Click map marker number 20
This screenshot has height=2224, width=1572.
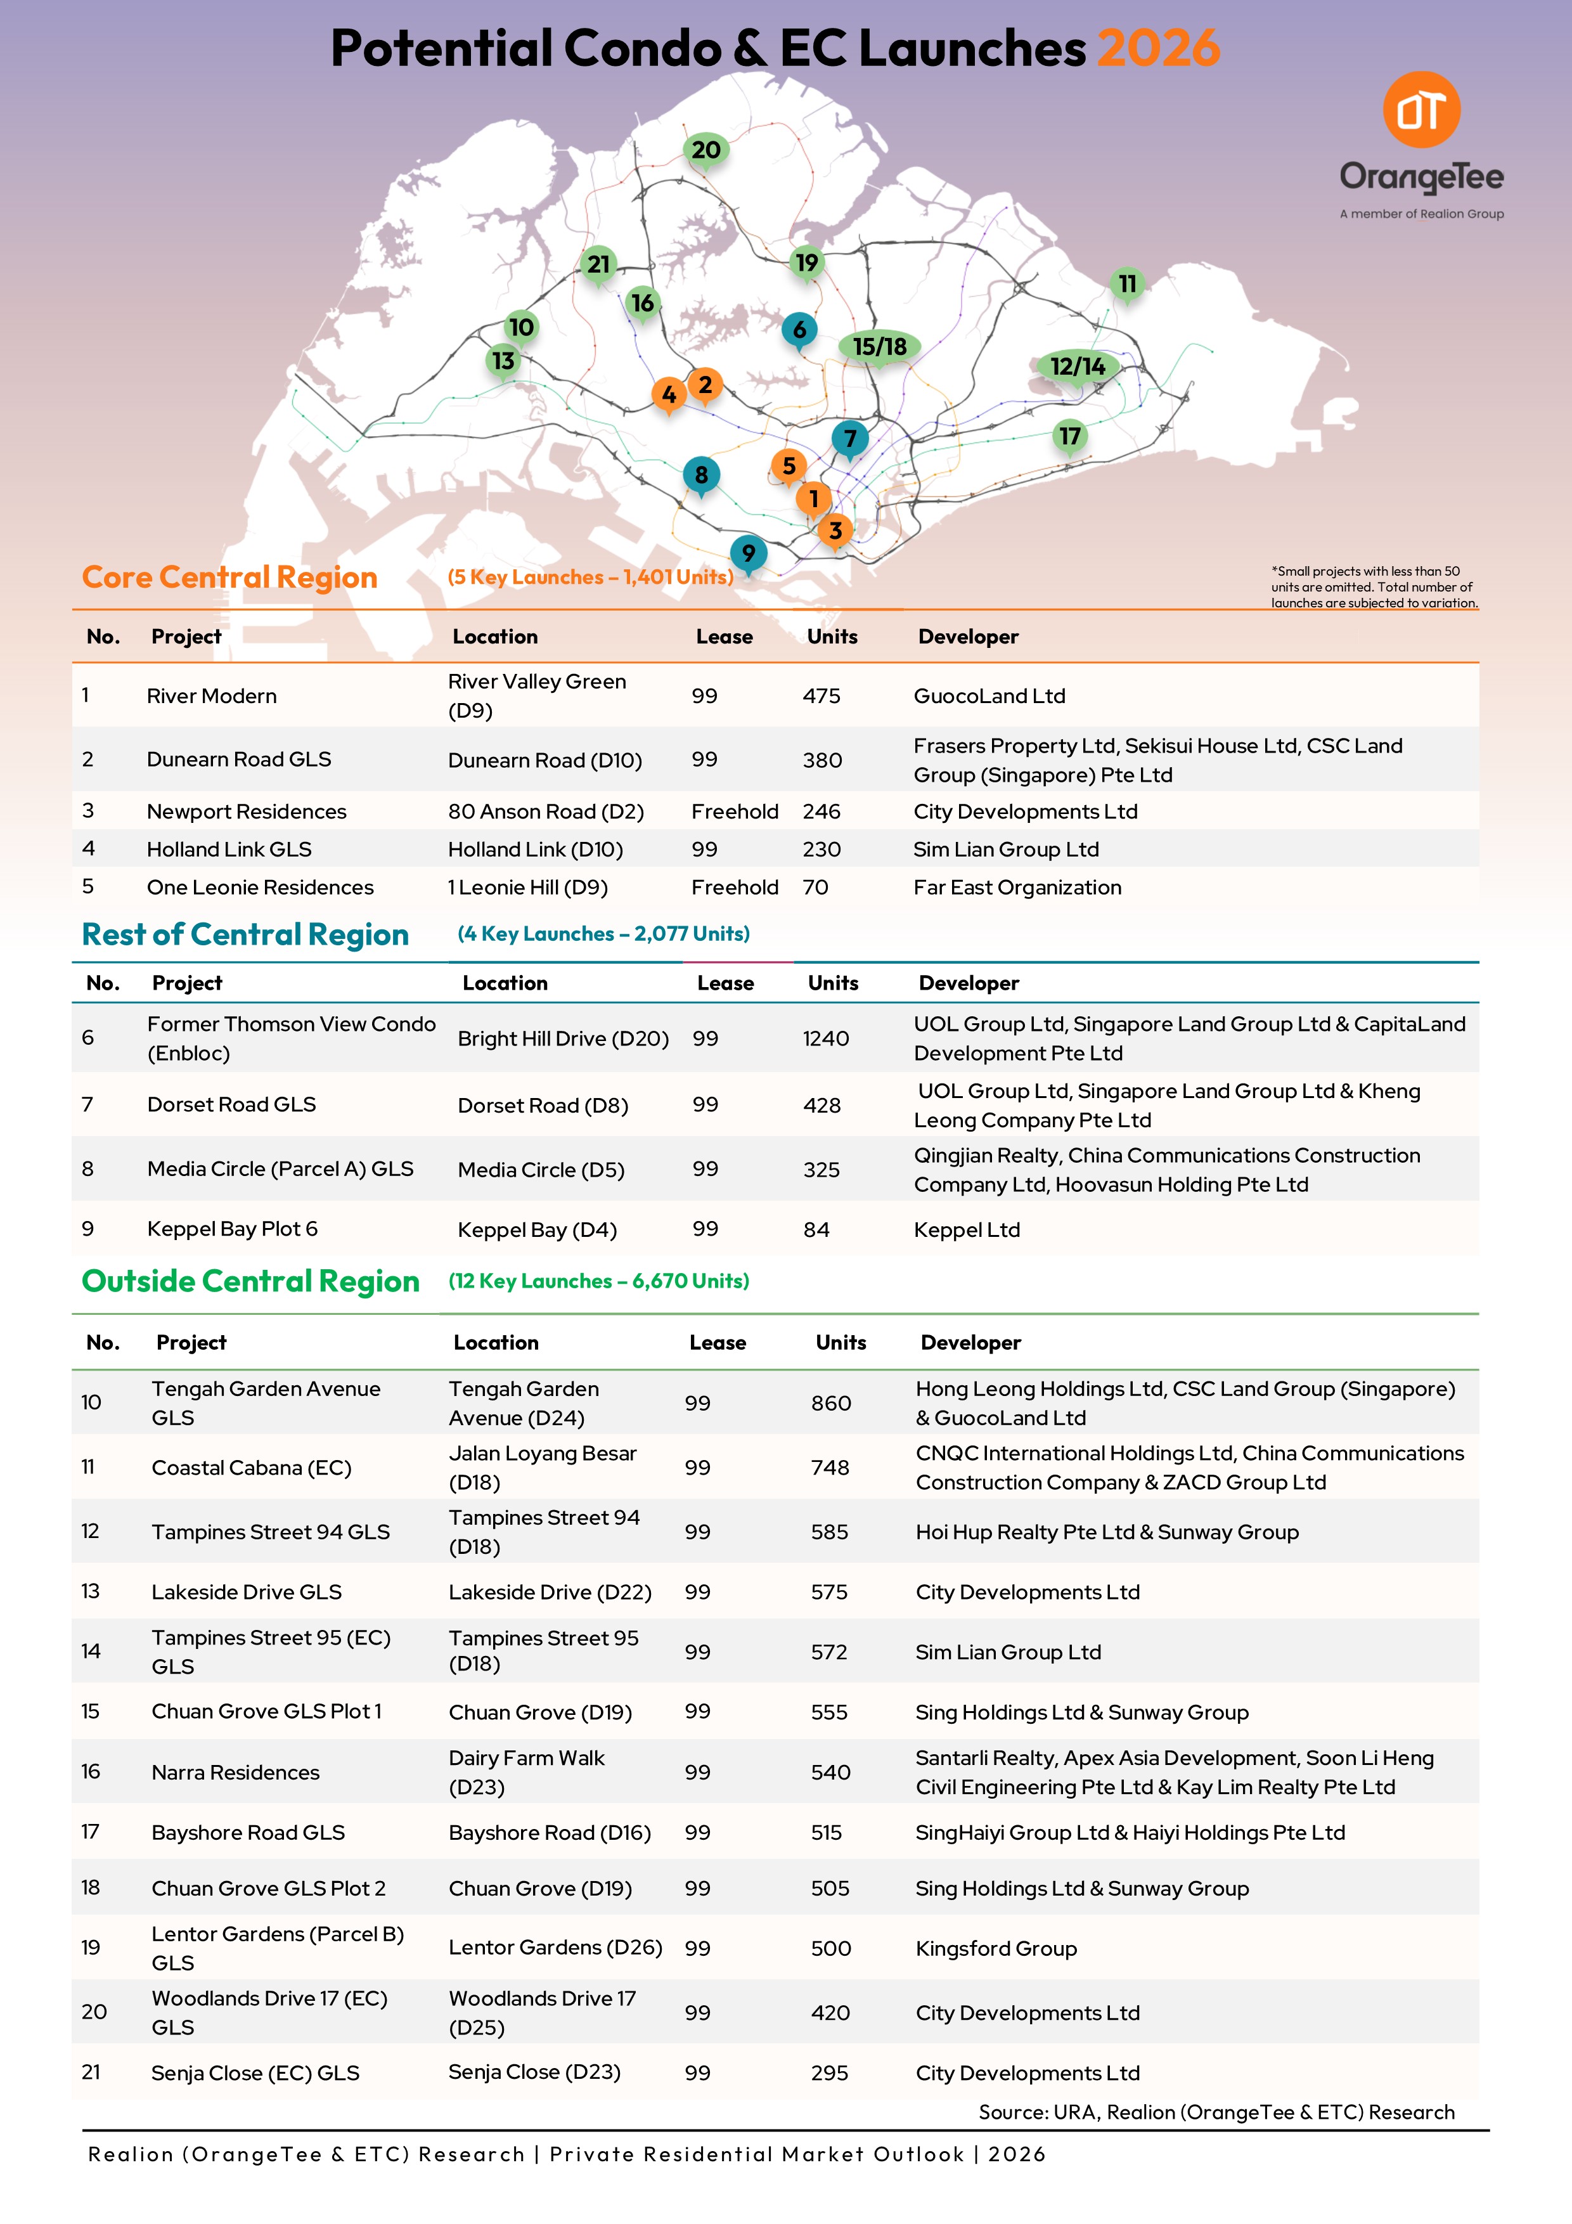pos(705,150)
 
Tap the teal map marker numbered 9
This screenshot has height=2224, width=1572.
pos(748,553)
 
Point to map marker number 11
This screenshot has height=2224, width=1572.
pos(1126,284)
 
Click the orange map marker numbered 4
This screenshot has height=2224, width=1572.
pos(668,394)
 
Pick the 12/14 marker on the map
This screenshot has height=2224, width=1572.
pos(1077,366)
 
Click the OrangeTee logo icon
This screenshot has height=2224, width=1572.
pos(1421,110)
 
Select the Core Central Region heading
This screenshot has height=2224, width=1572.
pos(229,578)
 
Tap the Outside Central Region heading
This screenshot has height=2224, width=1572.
pos(251,1281)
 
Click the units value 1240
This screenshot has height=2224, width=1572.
pos(825,1038)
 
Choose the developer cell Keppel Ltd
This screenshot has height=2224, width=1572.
pos(967,1229)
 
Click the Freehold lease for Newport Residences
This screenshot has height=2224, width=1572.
pos(734,811)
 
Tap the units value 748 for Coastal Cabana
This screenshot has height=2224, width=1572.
pos(830,1468)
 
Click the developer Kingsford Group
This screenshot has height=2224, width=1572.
pos(996,1948)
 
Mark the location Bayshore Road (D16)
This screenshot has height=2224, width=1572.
pos(549,1833)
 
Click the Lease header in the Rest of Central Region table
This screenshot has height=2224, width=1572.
pos(725,983)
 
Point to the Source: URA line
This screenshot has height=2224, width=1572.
pos(1216,2112)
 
